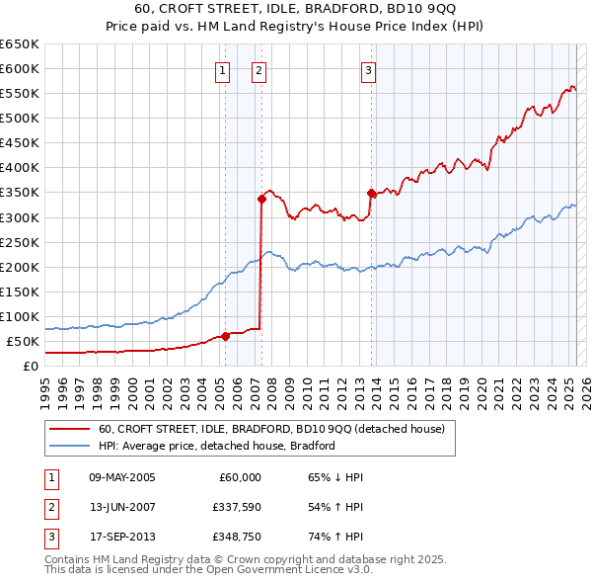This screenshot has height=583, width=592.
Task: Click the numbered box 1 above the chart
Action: tap(222, 70)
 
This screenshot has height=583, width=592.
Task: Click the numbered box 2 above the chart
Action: tap(259, 70)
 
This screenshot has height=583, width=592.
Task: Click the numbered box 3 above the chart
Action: tap(368, 70)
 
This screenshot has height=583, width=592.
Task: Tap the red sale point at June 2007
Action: tap(261, 199)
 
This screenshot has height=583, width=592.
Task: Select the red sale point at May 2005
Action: tap(225, 336)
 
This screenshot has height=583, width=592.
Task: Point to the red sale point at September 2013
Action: tap(371, 193)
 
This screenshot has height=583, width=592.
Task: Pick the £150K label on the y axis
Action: tap(20, 291)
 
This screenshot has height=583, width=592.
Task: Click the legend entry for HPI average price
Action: tap(217, 446)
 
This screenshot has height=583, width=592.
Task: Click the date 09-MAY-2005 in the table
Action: tap(121, 477)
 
